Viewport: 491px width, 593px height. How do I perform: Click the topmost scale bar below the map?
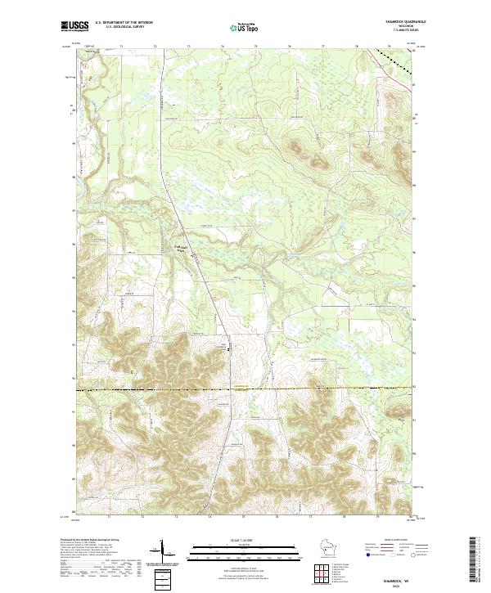243,543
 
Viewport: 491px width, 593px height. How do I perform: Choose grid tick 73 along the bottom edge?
176,517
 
